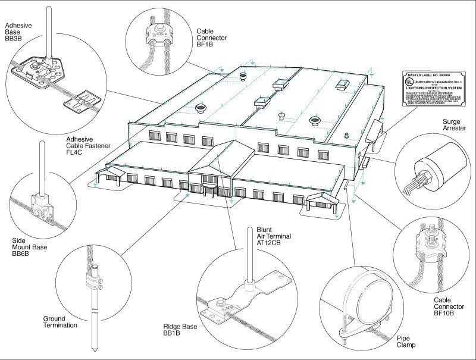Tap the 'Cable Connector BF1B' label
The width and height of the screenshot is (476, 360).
click(x=213, y=36)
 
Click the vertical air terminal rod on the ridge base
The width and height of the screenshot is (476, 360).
click(x=249, y=256)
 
